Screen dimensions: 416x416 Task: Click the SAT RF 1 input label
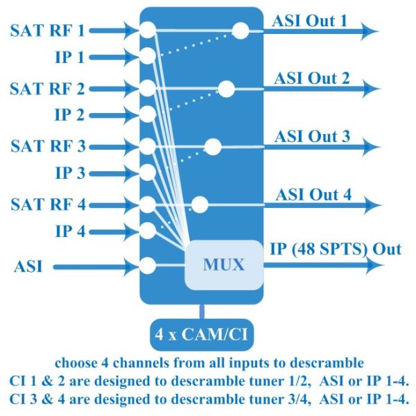pyautogui.click(x=48, y=31)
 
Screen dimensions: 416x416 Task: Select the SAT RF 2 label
pyautogui.click(x=48, y=89)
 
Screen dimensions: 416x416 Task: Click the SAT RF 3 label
pyautogui.click(x=48, y=147)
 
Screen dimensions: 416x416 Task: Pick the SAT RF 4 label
pyautogui.click(x=48, y=205)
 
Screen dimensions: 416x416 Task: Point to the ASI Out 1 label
pyautogui.click(x=311, y=21)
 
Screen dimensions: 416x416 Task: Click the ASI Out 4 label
pyautogui.click(x=313, y=194)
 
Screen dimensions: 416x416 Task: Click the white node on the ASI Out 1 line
pyautogui.click(x=240, y=30)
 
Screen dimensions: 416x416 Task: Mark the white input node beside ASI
pyautogui.click(x=147, y=266)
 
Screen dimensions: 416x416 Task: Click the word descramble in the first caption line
pyautogui.click(x=324, y=363)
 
